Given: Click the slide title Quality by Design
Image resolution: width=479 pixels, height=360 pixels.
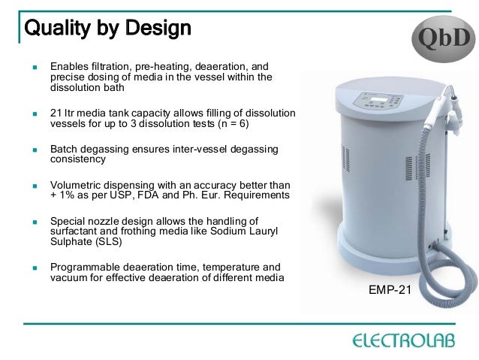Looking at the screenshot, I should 109,30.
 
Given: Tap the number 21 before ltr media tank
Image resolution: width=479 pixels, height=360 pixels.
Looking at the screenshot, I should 56,113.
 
